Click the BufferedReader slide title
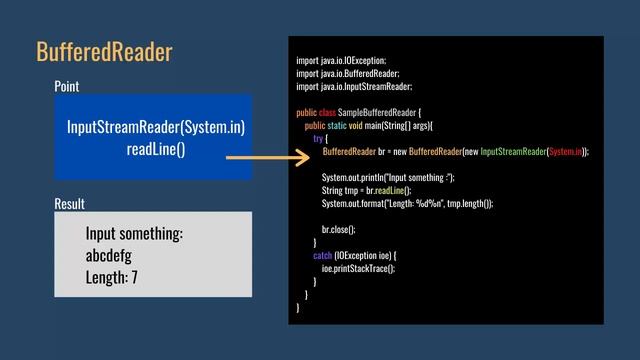pyautogui.click(x=104, y=51)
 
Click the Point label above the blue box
pyautogui.click(x=67, y=87)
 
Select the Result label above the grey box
pyautogui.click(x=69, y=204)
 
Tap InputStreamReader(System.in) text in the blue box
pyautogui.click(x=156, y=128)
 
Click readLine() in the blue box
pyautogui.click(x=156, y=149)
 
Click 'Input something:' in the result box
pyautogui.click(x=134, y=233)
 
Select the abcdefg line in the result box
pyautogui.click(x=109, y=254)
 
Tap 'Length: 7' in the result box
pyautogui.click(x=112, y=276)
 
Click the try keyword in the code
pyautogui.click(x=318, y=138)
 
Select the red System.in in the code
pyautogui.click(x=567, y=151)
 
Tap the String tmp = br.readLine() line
pyautogui.click(x=366, y=190)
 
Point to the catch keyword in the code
pyautogui.click(x=323, y=255)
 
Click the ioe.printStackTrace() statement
pyautogui.click(x=358, y=268)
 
